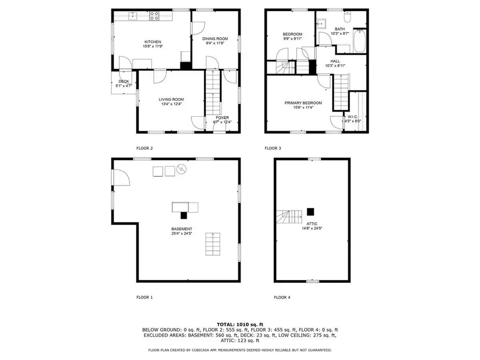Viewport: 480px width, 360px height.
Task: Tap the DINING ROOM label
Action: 214,38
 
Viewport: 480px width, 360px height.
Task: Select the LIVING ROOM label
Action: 171,99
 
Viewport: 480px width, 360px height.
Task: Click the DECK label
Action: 124,82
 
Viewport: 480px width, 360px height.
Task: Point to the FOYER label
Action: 222,117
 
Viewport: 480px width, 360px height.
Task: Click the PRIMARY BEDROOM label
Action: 303,103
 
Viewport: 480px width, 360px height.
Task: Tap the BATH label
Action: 340,29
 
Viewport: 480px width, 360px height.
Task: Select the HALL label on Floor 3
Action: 335,61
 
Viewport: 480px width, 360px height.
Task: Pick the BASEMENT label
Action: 181,229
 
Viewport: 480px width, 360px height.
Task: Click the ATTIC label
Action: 312,223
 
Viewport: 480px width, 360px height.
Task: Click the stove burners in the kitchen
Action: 155,17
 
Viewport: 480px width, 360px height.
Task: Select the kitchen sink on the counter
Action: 132,17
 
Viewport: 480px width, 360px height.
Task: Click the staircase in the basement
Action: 213,245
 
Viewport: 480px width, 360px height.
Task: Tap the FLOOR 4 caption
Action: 282,297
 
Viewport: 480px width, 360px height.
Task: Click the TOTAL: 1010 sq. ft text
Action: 240,324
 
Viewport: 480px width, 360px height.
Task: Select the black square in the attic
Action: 310,211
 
